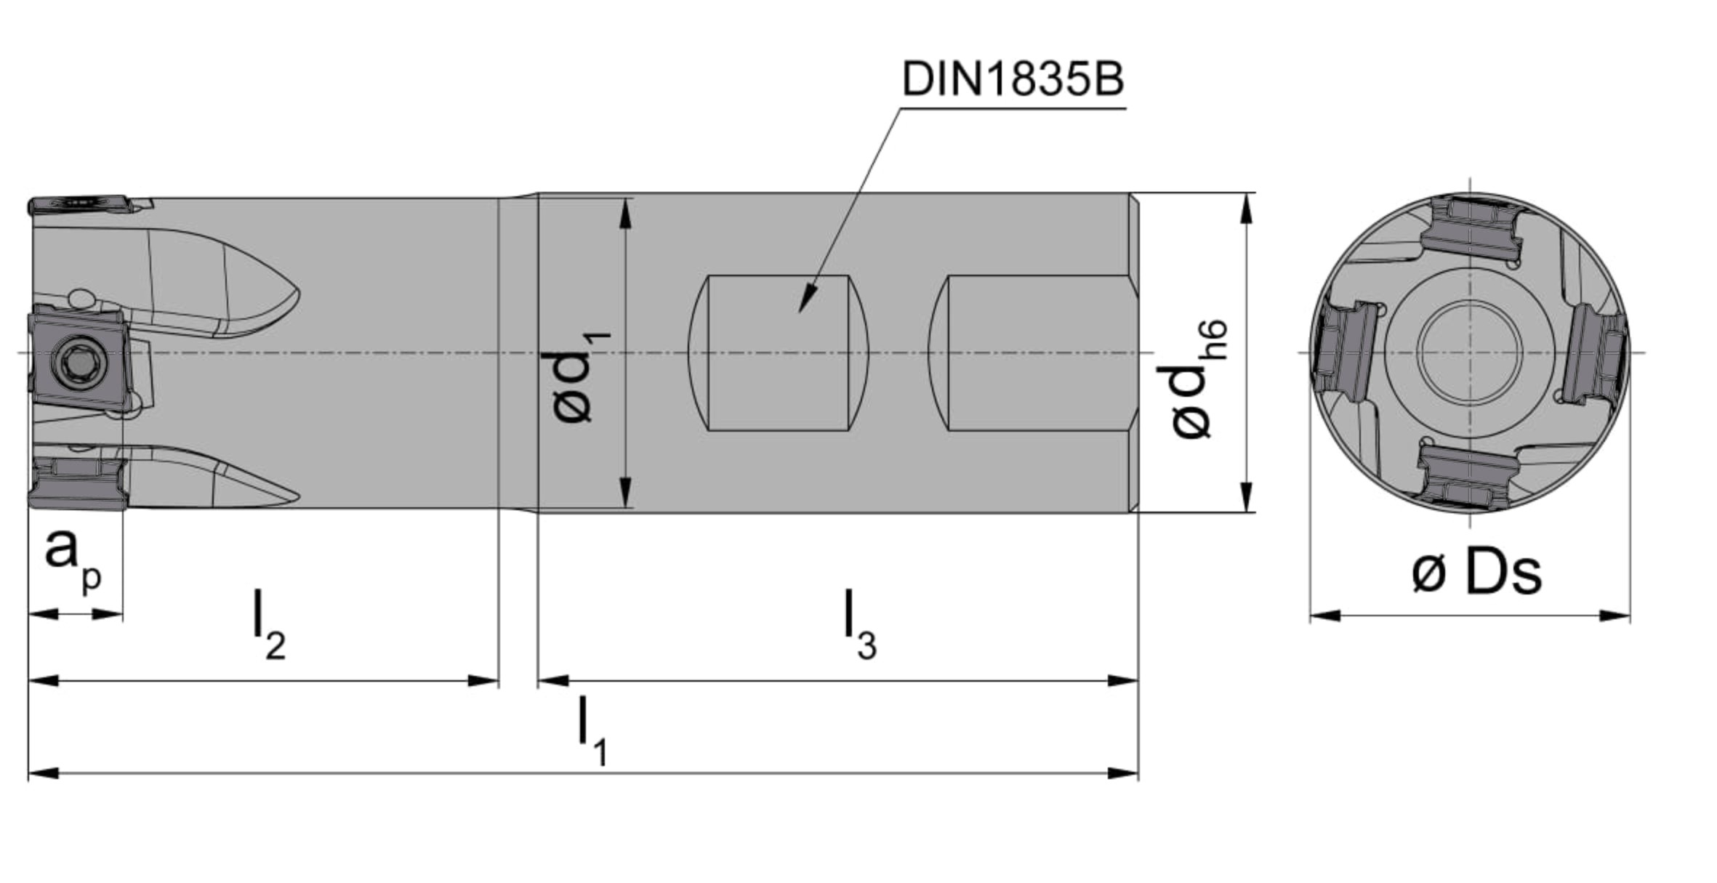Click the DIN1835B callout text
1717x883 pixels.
pos(1013,79)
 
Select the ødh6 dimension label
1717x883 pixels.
pos(1199,379)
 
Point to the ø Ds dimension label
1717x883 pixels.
pos(1476,573)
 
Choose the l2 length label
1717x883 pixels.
pos(269,625)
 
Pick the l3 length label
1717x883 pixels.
pos(860,625)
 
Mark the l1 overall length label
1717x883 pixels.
pos(592,730)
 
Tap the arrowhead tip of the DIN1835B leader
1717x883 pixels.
pos(800,313)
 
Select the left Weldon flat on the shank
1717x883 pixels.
pos(779,352)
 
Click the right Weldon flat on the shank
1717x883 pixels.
pos(1032,352)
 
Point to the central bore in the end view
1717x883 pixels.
pos(1470,352)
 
